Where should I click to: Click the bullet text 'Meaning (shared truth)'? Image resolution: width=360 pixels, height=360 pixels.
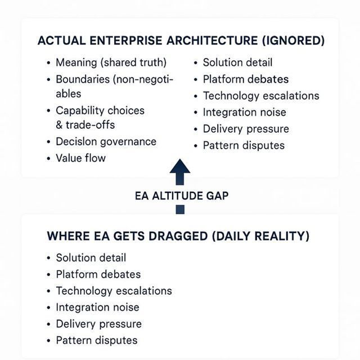[x=111, y=62]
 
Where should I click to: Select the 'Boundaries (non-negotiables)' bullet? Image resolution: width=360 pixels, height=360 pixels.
[x=114, y=80]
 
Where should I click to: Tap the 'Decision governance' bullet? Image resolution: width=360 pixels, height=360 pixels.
[x=106, y=141]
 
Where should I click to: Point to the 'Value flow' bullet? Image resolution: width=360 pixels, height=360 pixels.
[x=80, y=158]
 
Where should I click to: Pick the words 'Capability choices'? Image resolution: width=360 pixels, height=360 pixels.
[x=100, y=110]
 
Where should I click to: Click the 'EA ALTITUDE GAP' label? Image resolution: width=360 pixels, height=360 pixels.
[x=182, y=196]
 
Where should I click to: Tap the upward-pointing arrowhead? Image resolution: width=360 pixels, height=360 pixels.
[x=180, y=168]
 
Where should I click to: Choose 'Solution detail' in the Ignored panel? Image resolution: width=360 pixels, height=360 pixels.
[x=237, y=62]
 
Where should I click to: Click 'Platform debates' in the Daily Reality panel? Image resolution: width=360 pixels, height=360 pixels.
[x=98, y=274]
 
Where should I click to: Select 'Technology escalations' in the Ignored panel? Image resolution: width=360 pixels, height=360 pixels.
[x=261, y=96]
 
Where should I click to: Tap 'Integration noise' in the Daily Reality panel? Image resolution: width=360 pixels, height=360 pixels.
[x=97, y=307]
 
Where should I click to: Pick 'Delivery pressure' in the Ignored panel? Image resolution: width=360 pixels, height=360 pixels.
[x=246, y=129]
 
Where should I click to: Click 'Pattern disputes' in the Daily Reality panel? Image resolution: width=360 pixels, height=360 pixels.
[x=97, y=340]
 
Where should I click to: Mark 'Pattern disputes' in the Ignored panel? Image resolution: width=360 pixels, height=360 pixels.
[x=244, y=145]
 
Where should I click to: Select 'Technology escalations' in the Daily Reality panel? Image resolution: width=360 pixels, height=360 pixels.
[x=114, y=291]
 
